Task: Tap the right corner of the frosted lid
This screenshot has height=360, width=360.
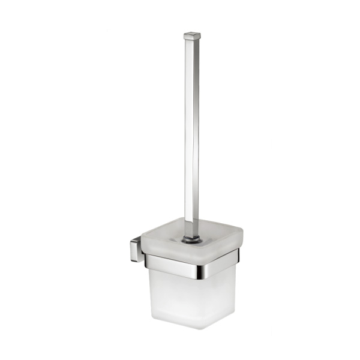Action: coord(241,230)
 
